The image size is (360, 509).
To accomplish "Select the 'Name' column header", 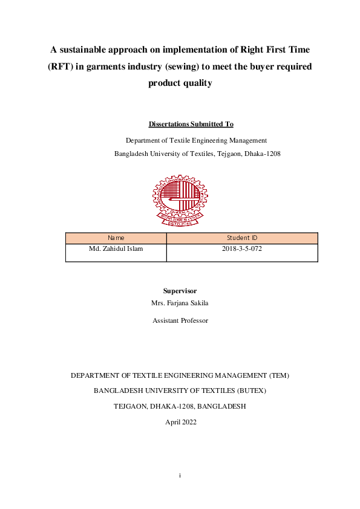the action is coord(116,238).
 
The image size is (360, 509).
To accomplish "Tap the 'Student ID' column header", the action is coord(242,238).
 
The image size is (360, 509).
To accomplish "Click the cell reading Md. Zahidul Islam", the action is coord(116,248).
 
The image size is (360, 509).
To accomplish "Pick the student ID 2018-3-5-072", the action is coord(242,248).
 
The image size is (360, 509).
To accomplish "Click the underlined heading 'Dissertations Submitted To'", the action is coord(191,125).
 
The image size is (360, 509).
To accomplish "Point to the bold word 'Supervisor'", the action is coord(180,291).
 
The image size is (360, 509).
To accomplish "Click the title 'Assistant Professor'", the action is coord(180,320).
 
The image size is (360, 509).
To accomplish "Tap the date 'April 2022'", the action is coord(180,422).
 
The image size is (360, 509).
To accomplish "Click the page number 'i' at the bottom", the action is coord(180,476).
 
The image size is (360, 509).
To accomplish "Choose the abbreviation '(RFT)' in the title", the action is coord(61,66).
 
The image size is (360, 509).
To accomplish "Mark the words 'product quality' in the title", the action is coord(180,83).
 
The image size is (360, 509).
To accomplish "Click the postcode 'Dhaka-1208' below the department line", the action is coord(263,154).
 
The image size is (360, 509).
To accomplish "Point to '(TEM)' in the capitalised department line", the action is coord(278,375).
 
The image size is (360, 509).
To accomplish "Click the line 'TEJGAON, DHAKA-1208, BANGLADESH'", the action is coord(180,406).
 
